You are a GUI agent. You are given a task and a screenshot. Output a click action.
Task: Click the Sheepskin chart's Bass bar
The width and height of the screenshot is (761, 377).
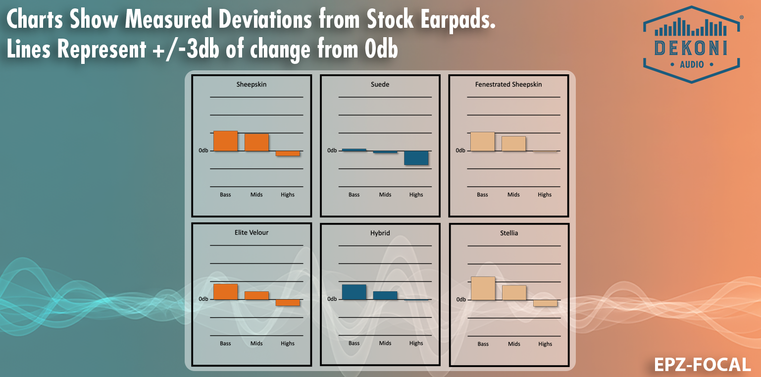point(225,141)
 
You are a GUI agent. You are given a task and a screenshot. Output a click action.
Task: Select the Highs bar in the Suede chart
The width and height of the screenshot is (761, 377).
point(416,158)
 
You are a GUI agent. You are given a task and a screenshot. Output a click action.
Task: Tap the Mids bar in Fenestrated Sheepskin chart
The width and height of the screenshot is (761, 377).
point(513,144)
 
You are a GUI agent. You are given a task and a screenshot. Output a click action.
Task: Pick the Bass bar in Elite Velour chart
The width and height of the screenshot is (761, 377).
point(225,292)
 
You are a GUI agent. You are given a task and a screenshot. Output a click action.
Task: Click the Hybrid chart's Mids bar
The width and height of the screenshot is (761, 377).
point(385,295)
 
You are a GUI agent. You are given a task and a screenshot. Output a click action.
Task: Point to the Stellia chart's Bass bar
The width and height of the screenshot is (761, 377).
point(483,288)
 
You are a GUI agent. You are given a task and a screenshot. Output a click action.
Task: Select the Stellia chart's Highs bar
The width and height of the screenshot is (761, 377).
point(545,303)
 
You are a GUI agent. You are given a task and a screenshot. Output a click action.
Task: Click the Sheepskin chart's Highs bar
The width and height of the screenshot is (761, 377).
point(288,154)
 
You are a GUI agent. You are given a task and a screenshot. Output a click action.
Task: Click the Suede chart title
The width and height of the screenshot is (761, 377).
point(380,85)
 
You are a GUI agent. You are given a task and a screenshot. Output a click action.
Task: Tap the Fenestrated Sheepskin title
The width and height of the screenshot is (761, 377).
point(508,85)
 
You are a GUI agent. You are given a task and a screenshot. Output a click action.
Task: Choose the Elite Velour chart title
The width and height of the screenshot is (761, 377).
point(252,232)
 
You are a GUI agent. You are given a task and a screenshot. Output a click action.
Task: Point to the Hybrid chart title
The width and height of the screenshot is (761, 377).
point(380,232)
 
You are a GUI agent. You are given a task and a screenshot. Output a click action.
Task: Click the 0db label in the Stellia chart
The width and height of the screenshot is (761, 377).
point(460,300)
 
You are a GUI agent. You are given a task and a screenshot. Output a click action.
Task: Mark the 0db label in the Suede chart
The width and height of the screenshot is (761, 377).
point(332,151)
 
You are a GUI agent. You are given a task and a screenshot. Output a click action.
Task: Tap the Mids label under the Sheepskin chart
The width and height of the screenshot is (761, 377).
point(256,195)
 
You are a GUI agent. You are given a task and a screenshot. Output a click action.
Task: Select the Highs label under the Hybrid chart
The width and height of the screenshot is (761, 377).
point(416,343)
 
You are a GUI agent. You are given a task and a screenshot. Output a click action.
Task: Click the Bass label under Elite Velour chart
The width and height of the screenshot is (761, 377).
point(225,343)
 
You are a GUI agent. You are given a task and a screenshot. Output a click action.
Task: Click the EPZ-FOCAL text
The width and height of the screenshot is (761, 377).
point(703,365)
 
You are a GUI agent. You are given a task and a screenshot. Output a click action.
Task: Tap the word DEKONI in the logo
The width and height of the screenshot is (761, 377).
point(691,49)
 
